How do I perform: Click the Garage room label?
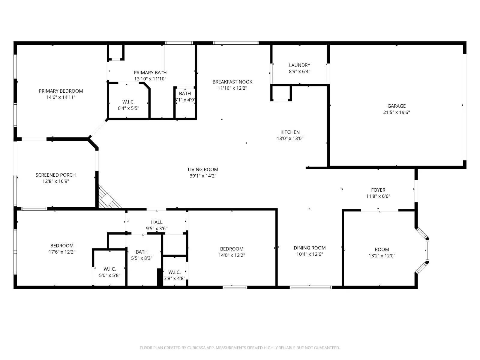(396, 106)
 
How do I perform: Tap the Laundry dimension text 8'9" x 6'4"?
(299, 71)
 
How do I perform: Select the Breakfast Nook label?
(232, 82)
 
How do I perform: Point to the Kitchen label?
(290, 132)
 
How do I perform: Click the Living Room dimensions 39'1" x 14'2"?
(203, 176)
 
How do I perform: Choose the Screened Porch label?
(55, 175)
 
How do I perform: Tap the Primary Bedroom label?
(61, 91)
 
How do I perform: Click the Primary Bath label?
(150, 73)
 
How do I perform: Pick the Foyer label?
(378, 190)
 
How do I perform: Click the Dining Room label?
(309, 248)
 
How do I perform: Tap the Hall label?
(157, 222)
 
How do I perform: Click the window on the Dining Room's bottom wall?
(310, 287)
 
